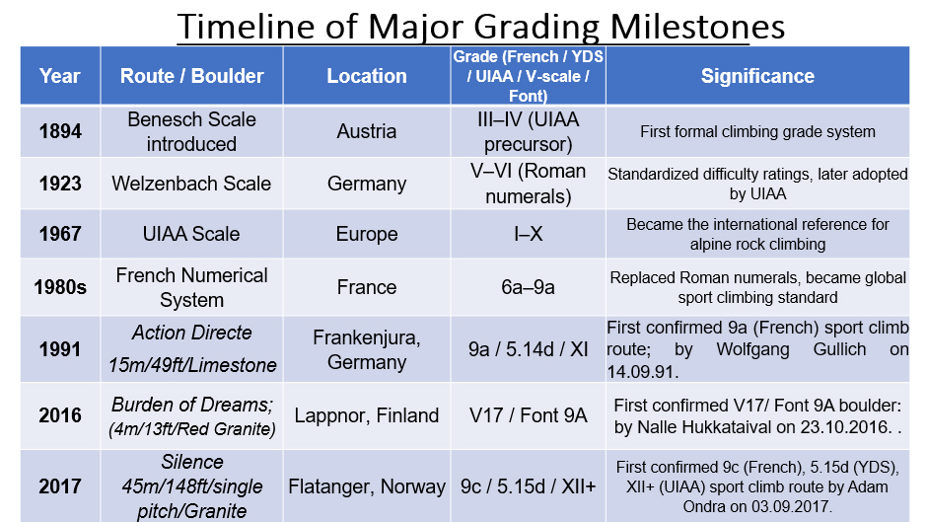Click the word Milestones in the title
(697, 27)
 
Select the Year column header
(60, 76)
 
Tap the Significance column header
(757, 76)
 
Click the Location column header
(367, 76)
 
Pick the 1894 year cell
(60, 131)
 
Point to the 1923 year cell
(60, 184)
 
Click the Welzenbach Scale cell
(191, 184)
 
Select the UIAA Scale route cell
(191, 234)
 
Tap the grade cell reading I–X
(528, 234)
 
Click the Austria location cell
(367, 131)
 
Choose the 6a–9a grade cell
(528, 287)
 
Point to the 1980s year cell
(60, 287)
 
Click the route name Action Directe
(191, 333)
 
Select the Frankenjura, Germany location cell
(367, 349)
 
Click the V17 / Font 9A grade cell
(528, 415)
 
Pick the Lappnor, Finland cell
(367, 415)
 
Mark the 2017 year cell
(60, 486)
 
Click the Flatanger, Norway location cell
(367, 486)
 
